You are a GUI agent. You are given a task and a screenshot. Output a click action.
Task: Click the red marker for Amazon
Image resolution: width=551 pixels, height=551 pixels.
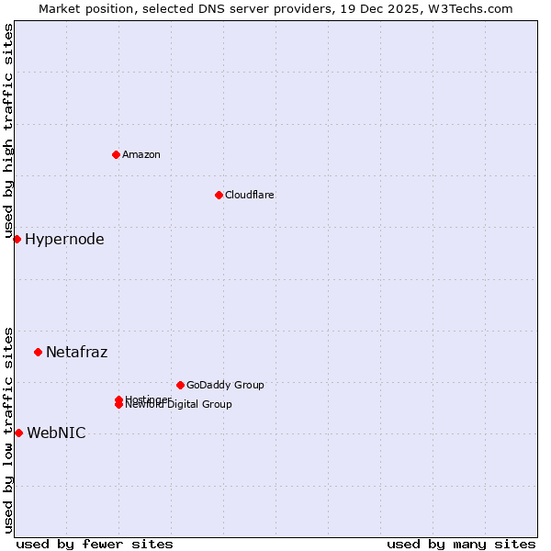(x=116, y=154)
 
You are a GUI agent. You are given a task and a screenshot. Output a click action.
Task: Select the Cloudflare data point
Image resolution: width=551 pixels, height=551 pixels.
(x=219, y=195)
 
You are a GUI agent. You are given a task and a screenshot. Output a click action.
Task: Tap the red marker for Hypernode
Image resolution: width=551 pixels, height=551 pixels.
(x=17, y=240)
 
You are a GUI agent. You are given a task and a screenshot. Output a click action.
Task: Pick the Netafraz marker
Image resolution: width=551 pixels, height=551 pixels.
(x=38, y=352)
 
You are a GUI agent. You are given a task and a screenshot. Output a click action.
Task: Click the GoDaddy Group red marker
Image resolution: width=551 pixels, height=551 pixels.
(x=180, y=385)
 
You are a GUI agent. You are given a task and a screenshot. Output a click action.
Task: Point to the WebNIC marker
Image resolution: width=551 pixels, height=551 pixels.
(x=18, y=433)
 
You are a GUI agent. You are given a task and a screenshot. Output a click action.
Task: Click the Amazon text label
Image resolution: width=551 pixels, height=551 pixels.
(x=141, y=154)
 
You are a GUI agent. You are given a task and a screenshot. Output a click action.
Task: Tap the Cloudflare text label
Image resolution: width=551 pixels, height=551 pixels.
(x=249, y=195)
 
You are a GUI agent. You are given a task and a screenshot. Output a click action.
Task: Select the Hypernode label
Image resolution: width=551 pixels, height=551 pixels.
(x=64, y=240)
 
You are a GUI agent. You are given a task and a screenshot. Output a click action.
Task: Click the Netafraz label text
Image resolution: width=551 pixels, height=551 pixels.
(x=76, y=352)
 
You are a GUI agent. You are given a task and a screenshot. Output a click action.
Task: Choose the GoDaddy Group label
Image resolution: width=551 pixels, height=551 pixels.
(x=224, y=385)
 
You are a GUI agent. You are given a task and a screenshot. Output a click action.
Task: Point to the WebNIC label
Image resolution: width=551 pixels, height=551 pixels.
(x=56, y=433)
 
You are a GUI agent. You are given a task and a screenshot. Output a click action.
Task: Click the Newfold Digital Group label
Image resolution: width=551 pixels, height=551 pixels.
(x=178, y=405)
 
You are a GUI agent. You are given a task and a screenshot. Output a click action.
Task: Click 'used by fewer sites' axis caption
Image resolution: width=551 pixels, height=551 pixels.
(x=95, y=544)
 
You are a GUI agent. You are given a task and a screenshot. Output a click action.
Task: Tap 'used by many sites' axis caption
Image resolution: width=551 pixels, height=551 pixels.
(x=461, y=544)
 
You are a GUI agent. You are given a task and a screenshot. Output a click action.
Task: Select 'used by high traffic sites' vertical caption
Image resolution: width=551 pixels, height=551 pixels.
(x=8, y=130)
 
